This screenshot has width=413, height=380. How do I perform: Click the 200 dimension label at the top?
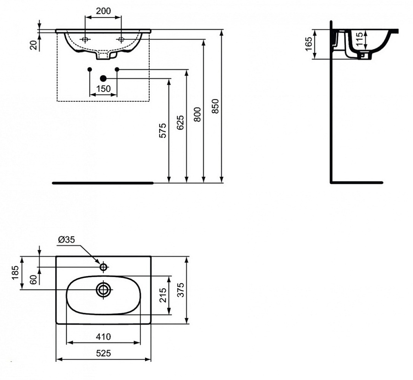click(103, 11)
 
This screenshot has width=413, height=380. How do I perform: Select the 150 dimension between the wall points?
click(104, 88)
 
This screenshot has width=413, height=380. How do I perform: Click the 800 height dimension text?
click(197, 114)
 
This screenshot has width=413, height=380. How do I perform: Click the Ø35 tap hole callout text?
click(67, 239)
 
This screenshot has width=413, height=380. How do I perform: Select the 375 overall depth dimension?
click(180, 290)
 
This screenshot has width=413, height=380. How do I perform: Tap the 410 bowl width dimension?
click(103, 337)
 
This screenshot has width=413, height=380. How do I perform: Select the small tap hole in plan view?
click(104, 266)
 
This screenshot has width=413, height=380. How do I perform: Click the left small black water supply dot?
click(89, 69)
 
